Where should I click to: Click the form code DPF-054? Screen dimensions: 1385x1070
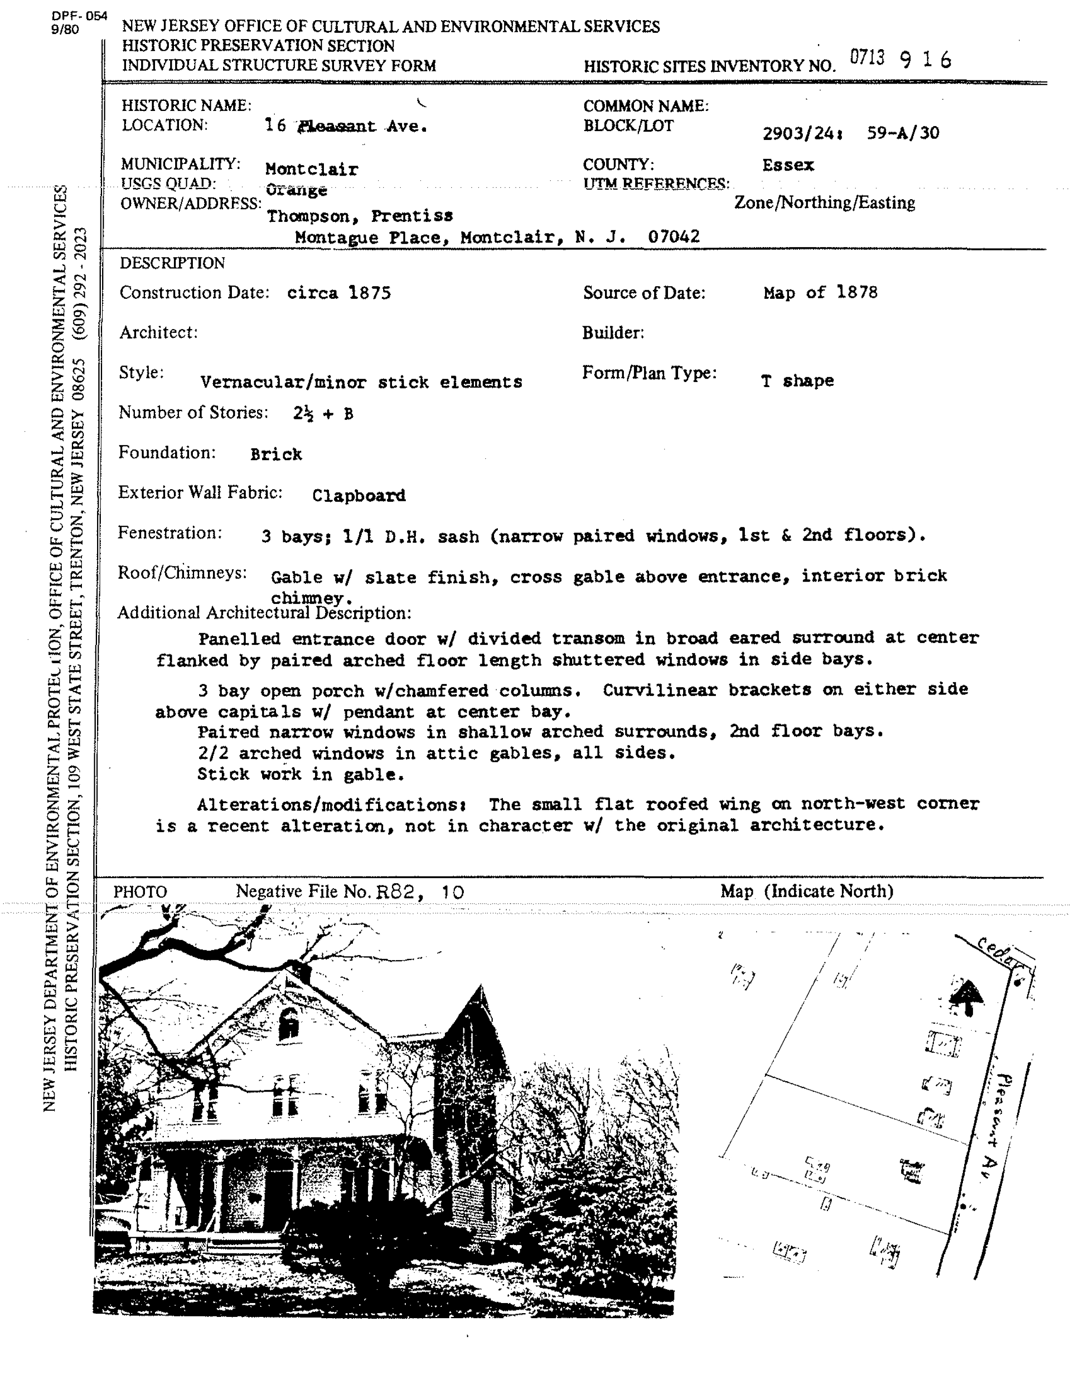(x=81, y=16)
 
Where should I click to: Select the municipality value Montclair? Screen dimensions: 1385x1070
(x=311, y=169)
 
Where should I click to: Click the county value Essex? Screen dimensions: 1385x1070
(x=788, y=166)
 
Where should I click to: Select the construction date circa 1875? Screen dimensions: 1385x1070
(x=339, y=293)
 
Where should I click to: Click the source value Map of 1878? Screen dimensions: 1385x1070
(x=820, y=292)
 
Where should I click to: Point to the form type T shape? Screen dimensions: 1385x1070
(x=797, y=381)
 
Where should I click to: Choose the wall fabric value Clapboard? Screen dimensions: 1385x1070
(x=358, y=495)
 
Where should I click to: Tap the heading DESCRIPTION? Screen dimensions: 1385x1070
(x=172, y=263)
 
